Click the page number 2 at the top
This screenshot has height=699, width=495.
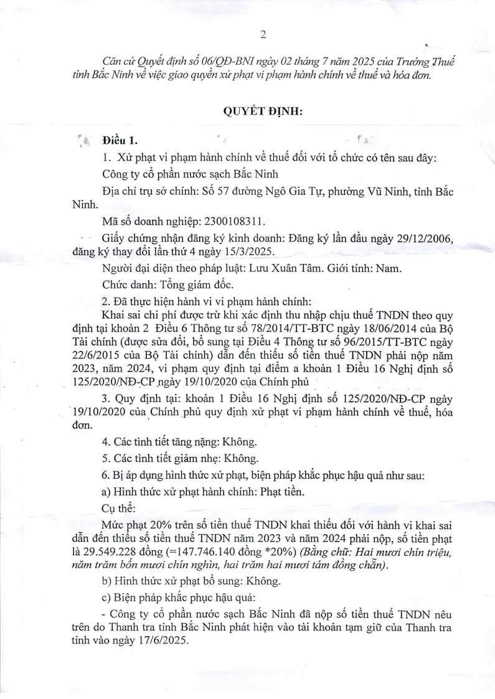263,34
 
